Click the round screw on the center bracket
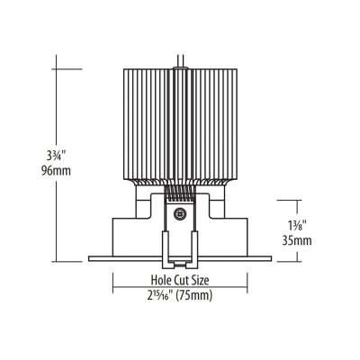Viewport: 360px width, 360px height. (178, 214)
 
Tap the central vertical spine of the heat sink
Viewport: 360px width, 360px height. (178, 117)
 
